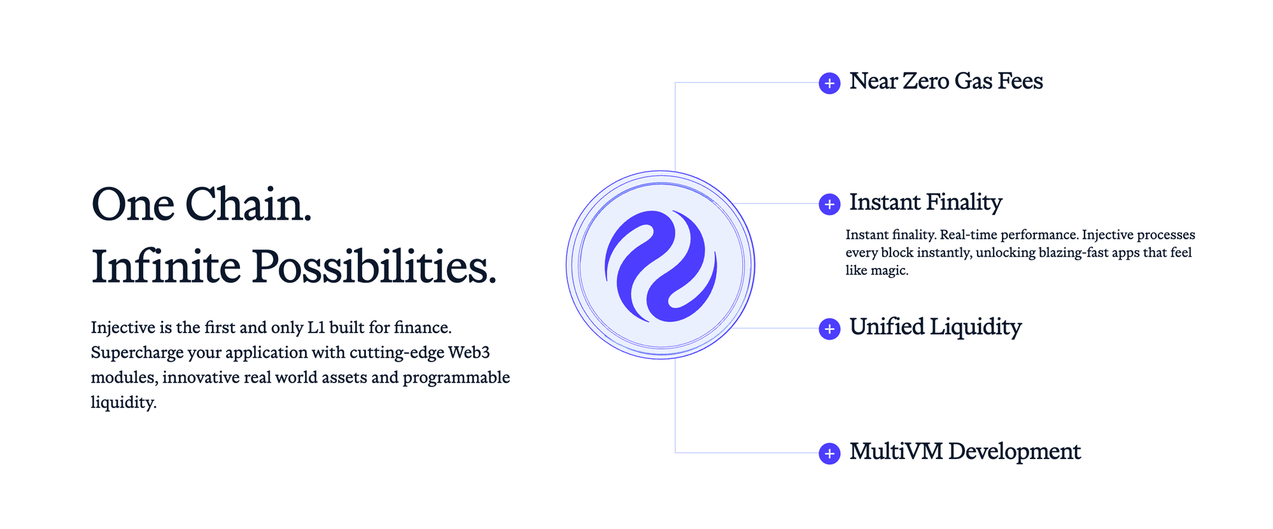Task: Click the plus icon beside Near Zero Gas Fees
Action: (x=829, y=83)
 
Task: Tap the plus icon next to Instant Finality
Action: (x=829, y=204)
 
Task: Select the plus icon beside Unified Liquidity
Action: (x=829, y=329)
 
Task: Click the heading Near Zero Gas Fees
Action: (x=946, y=81)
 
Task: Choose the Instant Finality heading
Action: (x=925, y=203)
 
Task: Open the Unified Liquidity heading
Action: (x=936, y=327)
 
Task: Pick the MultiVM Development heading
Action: (x=965, y=452)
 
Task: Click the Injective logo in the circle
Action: (x=661, y=265)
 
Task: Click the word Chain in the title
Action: (x=249, y=205)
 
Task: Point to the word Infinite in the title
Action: (x=166, y=266)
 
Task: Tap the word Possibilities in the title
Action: (x=374, y=266)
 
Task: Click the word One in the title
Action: (x=133, y=205)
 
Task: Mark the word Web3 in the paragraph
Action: (x=469, y=353)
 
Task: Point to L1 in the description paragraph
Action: (x=316, y=328)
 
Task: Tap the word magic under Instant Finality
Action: (x=889, y=271)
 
